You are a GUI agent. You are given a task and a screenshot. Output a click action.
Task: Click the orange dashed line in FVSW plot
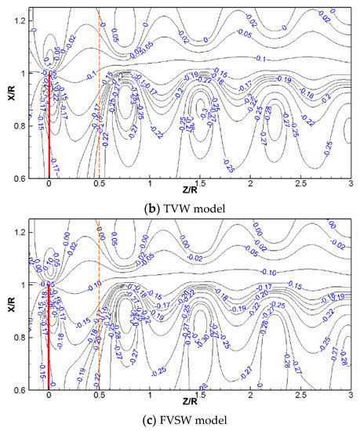(x=99, y=313)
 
